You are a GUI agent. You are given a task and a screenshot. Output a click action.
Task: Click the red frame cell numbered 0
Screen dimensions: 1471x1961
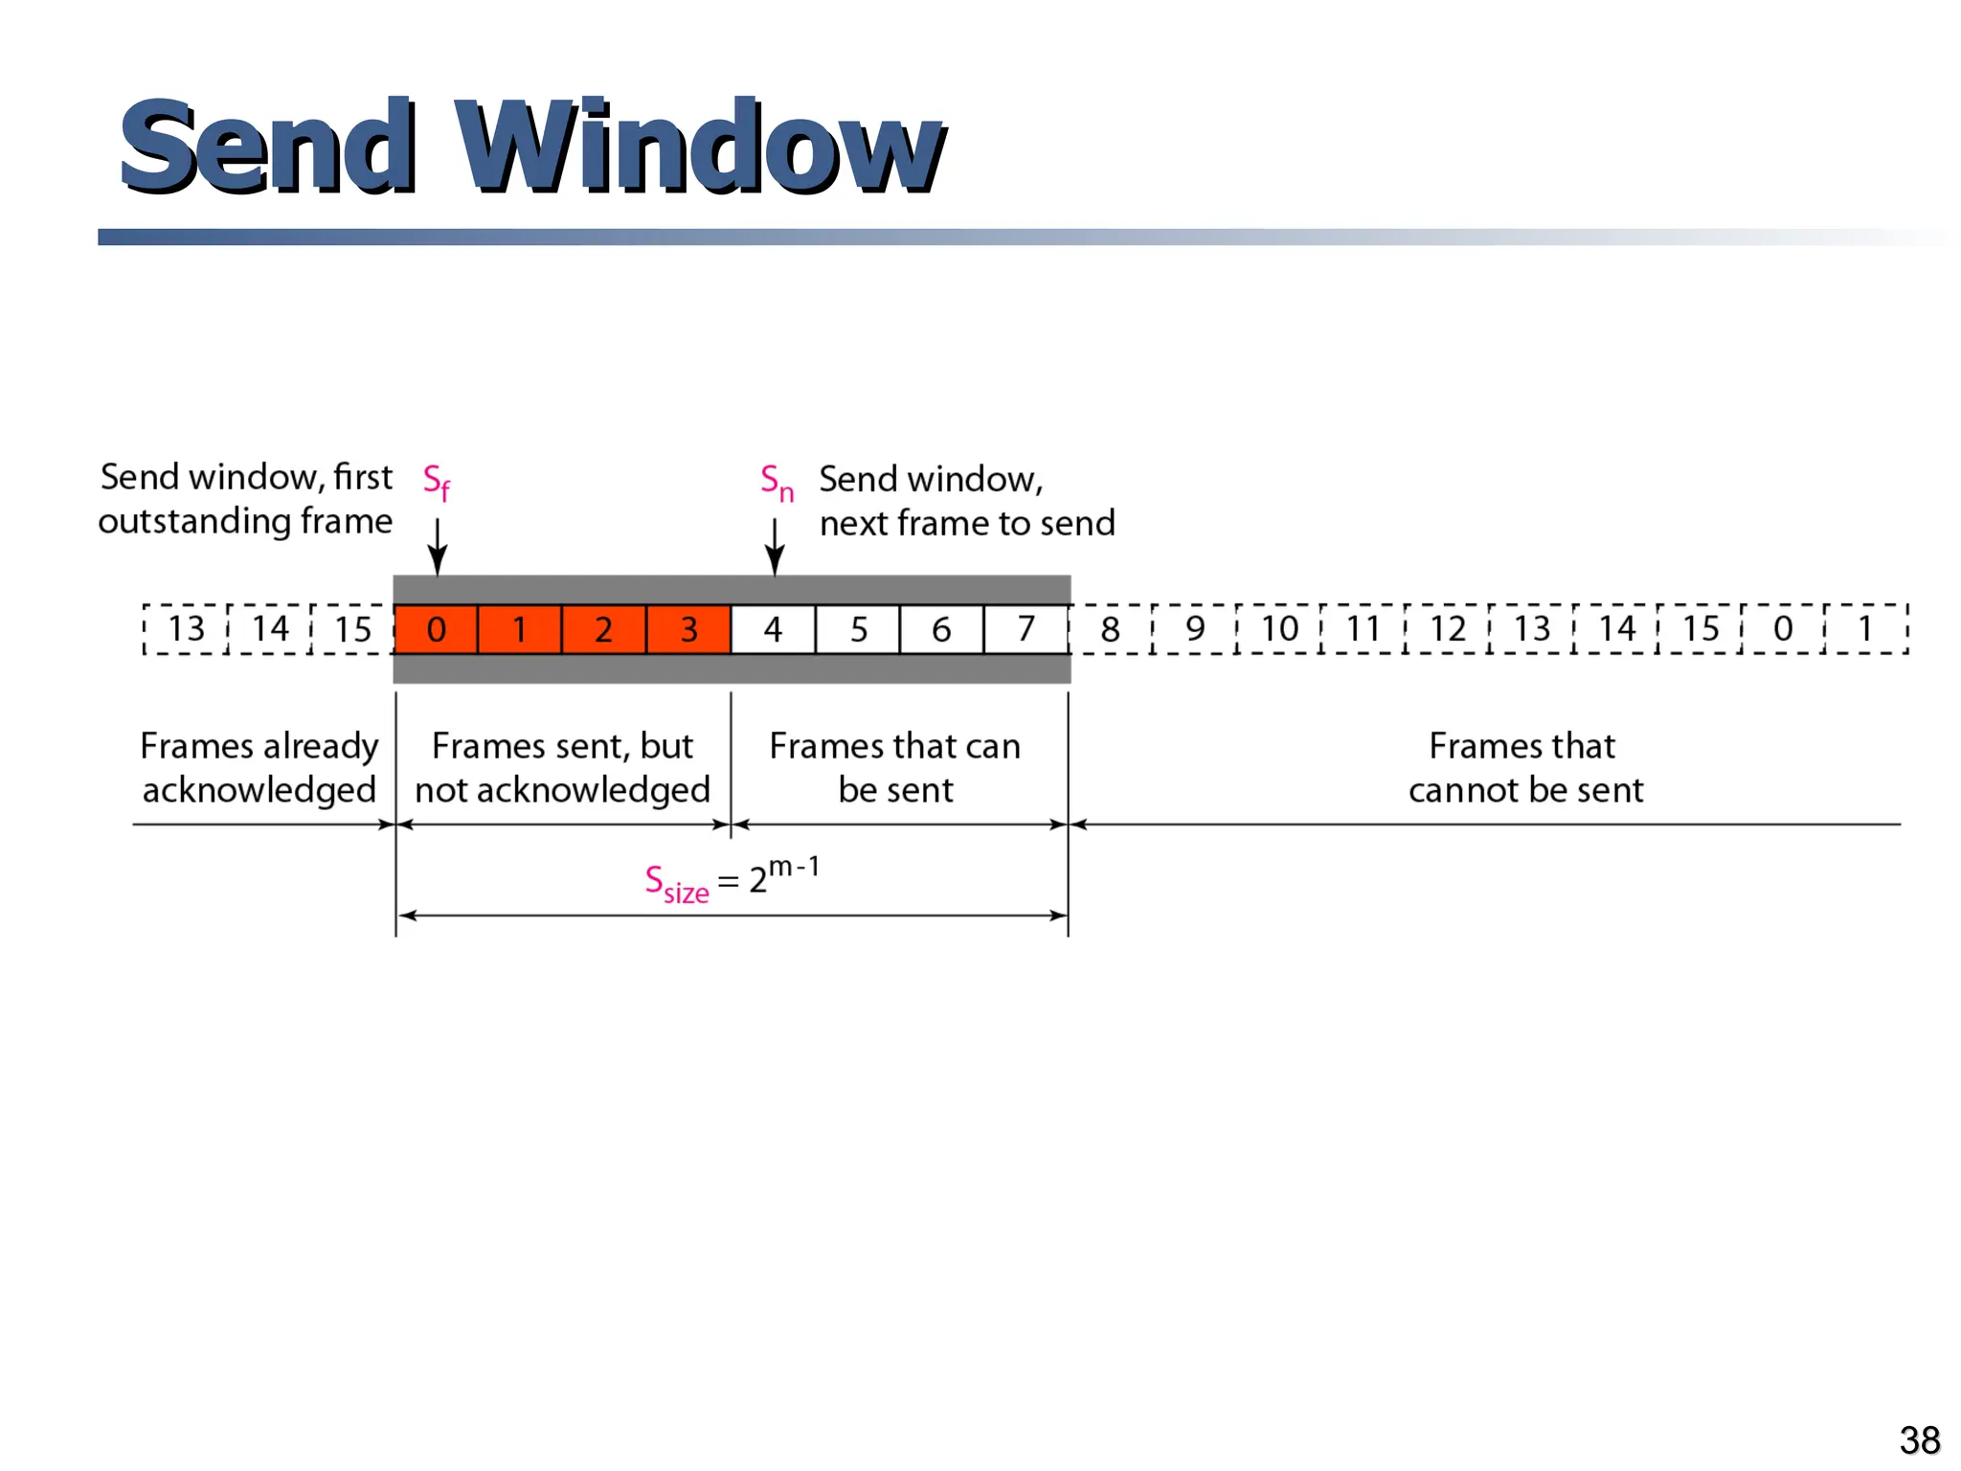[436, 629]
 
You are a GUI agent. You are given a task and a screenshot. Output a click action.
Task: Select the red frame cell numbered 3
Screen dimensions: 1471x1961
[688, 629]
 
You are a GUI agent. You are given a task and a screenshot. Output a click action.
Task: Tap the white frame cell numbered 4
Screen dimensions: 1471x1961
[773, 629]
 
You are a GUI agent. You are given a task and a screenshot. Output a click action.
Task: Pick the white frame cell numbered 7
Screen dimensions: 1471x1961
[1026, 629]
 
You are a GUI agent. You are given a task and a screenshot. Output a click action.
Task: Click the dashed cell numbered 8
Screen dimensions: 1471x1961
[1110, 629]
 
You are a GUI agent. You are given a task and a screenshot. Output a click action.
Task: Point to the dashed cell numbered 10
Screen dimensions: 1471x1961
[1279, 629]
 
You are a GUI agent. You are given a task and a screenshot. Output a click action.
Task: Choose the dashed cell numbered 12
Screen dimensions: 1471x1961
[1448, 629]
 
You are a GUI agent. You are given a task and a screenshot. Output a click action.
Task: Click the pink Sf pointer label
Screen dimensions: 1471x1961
[437, 482]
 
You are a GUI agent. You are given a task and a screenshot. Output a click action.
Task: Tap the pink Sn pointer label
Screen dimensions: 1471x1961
[777, 482]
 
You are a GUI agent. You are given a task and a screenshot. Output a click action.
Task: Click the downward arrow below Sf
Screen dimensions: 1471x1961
[438, 547]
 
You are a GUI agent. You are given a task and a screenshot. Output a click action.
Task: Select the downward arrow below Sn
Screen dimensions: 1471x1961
[775, 547]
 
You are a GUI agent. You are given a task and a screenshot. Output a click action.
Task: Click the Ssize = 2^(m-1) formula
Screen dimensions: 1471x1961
[732, 879]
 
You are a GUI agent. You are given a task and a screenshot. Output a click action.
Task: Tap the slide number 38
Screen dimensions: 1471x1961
[1919, 1439]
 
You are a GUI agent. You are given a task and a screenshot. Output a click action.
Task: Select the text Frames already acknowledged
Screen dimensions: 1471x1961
[259, 767]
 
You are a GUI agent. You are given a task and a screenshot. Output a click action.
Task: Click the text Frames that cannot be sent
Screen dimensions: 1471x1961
[1524, 767]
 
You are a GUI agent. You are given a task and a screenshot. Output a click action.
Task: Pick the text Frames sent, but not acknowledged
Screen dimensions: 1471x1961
[562, 767]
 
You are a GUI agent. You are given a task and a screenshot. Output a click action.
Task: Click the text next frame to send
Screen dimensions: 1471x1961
[967, 524]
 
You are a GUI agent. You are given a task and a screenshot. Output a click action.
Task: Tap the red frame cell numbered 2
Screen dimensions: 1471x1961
[603, 629]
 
